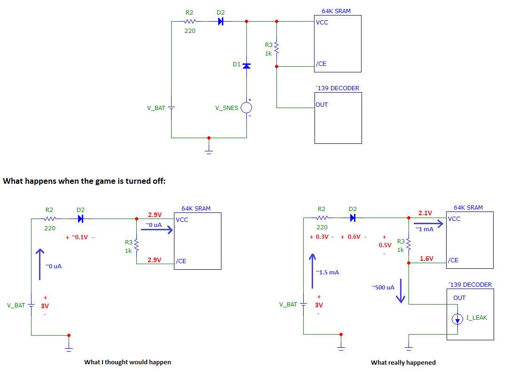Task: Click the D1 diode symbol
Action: click(247, 66)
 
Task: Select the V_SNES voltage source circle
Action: click(246, 108)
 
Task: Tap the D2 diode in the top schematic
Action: click(220, 22)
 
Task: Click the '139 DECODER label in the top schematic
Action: click(337, 88)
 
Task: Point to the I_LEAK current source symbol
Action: click(457, 319)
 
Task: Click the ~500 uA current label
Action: click(383, 287)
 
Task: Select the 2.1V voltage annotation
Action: click(425, 213)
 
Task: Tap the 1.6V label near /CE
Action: click(427, 258)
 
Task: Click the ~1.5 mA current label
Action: click(327, 273)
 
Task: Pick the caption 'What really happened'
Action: click(403, 362)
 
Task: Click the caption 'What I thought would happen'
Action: click(127, 362)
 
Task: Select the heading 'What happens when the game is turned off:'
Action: click(84, 181)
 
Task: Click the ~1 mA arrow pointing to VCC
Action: click(428, 224)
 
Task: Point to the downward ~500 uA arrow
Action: click(401, 291)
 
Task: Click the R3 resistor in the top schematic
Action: click(277, 48)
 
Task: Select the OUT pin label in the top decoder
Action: click(322, 105)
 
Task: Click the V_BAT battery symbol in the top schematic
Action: click(171, 108)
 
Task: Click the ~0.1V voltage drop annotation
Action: click(80, 237)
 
